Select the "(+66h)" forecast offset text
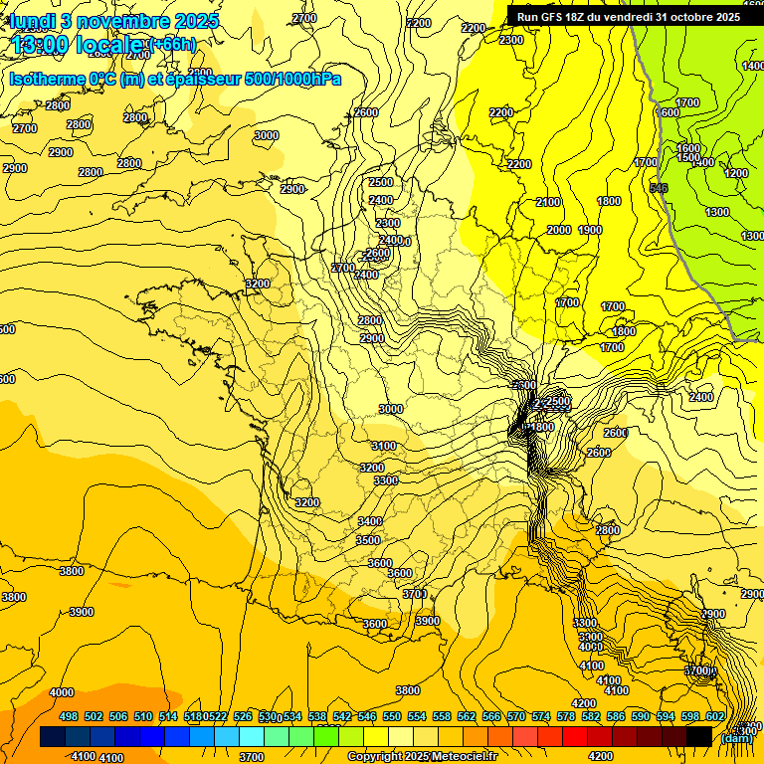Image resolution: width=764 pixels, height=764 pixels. tap(173, 45)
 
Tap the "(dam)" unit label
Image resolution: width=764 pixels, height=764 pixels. tap(736, 737)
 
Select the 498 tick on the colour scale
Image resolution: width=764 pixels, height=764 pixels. tap(69, 716)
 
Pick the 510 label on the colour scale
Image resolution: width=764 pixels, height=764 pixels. tap(143, 716)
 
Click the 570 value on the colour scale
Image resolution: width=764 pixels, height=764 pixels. tap(516, 716)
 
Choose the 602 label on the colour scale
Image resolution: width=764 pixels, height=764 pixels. tap(715, 716)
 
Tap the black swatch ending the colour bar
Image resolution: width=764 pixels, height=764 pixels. tap(699, 736)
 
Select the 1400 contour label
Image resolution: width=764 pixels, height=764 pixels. tap(753, 66)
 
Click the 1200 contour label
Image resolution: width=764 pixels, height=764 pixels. tap(736, 173)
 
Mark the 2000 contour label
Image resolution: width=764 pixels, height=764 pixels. tap(559, 230)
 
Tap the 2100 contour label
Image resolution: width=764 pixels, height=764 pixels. tap(548, 202)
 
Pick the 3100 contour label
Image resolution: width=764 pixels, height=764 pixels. tap(383, 446)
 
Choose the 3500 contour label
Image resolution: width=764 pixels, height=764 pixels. tap(368, 540)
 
